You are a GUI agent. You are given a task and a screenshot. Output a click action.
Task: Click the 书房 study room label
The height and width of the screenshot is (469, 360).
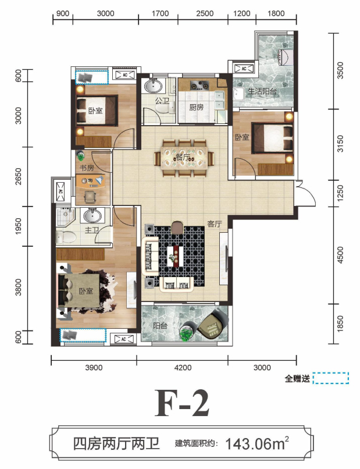click(x=87, y=168)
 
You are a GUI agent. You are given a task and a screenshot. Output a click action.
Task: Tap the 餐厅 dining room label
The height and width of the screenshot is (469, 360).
click(x=183, y=157)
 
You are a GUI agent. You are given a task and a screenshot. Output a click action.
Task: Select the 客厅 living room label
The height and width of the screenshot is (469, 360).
click(x=215, y=223)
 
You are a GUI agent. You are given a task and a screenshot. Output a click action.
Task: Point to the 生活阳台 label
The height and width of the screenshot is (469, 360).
click(x=262, y=91)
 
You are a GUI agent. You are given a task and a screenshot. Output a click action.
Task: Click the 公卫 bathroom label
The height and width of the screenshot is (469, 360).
click(x=162, y=101)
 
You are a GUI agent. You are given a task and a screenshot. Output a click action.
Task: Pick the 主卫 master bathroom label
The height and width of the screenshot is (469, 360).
click(x=92, y=230)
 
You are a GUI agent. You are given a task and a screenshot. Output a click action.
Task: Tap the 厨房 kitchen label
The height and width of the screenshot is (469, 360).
click(x=196, y=107)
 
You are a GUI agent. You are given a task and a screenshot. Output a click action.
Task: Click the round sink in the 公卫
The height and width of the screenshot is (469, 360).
click(x=154, y=86)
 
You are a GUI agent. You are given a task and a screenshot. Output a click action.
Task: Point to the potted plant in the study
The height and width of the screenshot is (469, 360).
click(x=80, y=156)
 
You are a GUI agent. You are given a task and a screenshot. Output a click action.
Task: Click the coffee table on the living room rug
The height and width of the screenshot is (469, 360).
click(x=175, y=256)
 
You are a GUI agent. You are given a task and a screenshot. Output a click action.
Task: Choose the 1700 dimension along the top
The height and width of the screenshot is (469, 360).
click(x=161, y=13)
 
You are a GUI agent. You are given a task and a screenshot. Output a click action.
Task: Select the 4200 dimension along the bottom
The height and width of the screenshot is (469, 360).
click(x=183, y=368)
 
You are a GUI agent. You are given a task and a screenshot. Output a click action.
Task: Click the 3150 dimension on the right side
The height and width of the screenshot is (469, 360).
click(x=340, y=144)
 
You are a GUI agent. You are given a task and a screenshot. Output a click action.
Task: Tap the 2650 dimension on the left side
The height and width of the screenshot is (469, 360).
click(x=18, y=176)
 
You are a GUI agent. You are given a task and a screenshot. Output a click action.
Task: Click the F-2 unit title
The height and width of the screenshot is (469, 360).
click(x=182, y=403)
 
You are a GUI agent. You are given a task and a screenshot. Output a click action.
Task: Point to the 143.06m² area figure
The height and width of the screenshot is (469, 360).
click(x=257, y=443)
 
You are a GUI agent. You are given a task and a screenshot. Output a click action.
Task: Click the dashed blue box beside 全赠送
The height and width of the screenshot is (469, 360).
click(x=331, y=378)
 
